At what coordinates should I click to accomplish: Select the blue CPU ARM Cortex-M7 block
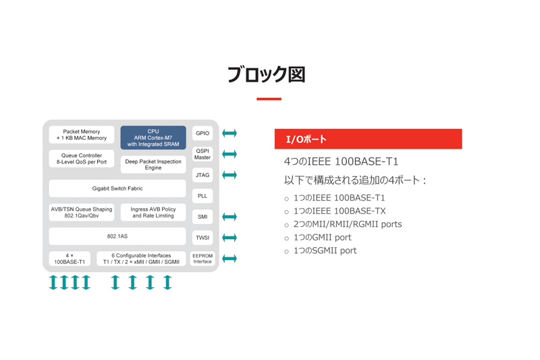[153, 138]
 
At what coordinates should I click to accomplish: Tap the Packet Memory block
[82, 134]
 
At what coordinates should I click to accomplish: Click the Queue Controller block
[82, 159]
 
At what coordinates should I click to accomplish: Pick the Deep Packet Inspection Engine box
[153, 165]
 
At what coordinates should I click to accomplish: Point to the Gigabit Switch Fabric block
[117, 188]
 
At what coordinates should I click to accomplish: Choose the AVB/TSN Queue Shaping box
[82, 213]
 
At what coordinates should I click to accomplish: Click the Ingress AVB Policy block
[153, 213]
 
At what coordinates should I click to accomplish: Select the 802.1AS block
[117, 236]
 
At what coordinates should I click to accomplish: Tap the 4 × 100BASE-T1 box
[70, 259]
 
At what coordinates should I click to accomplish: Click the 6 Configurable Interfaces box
[141, 259]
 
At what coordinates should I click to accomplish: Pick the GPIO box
[202, 133]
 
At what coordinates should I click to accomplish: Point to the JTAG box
[202, 175]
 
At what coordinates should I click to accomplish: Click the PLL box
[202, 196]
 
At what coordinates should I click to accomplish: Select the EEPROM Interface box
[202, 259]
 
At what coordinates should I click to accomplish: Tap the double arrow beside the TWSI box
[230, 238]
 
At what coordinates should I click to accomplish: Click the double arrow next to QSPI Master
[230, 154]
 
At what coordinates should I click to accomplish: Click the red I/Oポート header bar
[368, 139]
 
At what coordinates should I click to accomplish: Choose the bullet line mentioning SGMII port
[325, 251]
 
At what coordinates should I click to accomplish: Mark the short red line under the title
[269, 99]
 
